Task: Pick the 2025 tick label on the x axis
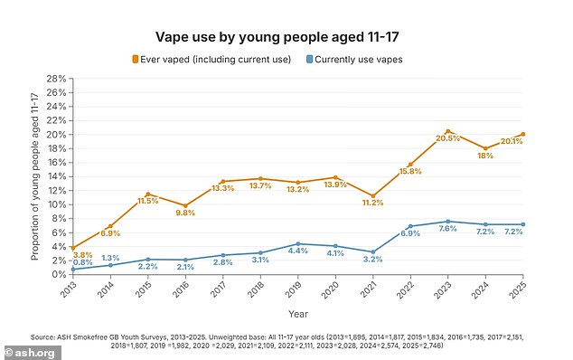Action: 523,289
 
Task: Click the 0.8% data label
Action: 83,263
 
